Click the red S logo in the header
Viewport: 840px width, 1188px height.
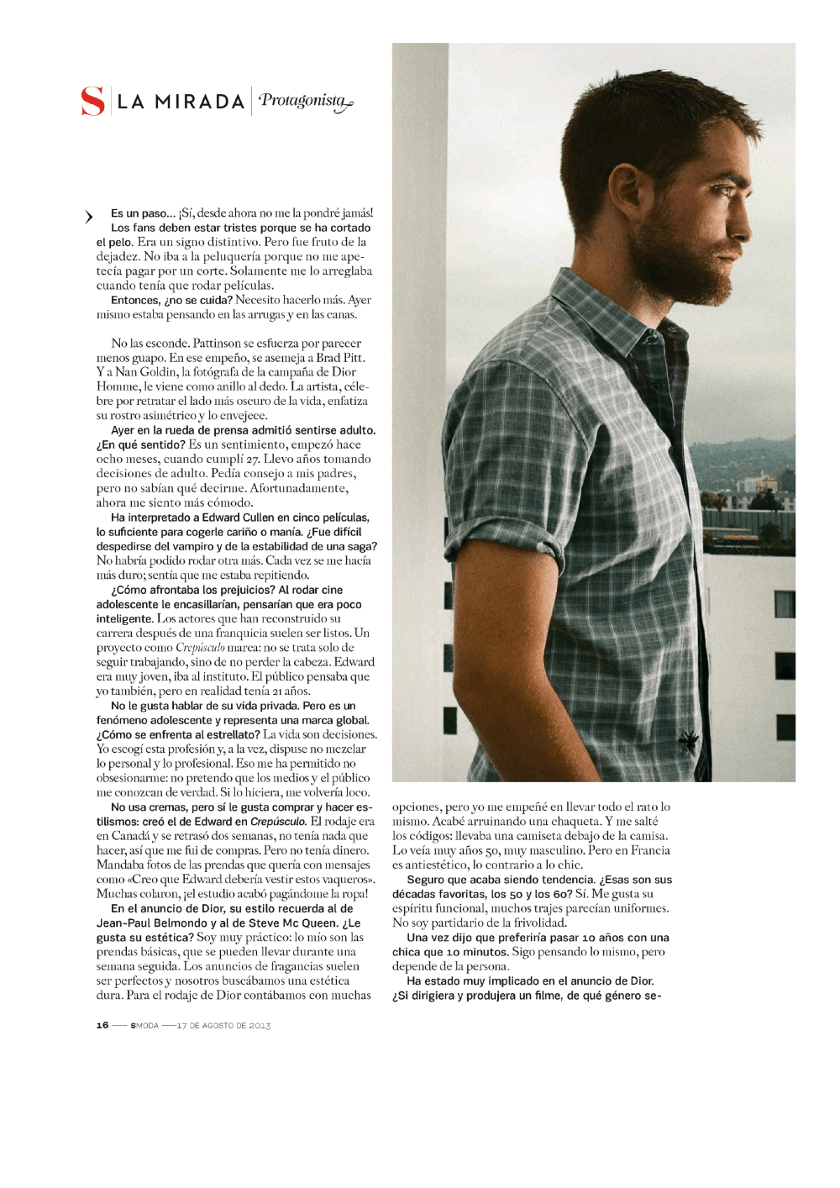(92, 101)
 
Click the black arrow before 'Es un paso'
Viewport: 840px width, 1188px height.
(88, 217)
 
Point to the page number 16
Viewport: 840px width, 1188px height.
(102, 1025)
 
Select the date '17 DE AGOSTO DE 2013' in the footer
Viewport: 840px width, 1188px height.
(223, 1025)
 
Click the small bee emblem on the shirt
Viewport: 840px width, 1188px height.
(691, 740)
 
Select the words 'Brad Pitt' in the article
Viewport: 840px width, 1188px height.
(340, 357)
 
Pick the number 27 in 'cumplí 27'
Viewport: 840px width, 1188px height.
(252, 459)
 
